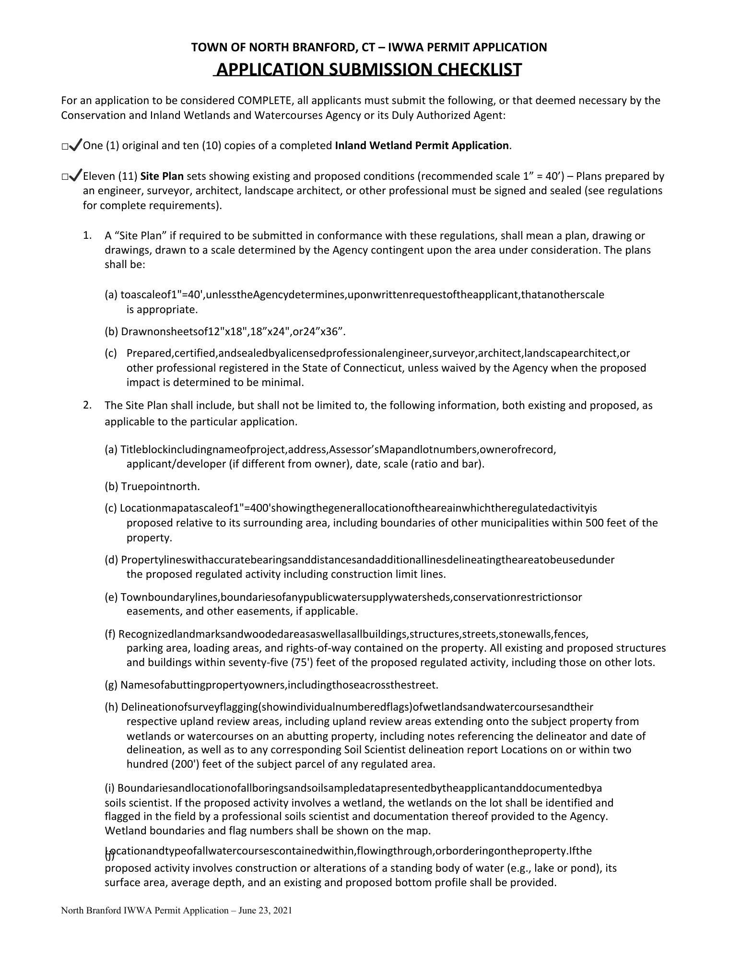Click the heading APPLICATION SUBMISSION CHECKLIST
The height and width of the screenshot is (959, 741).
[x=368, y=70]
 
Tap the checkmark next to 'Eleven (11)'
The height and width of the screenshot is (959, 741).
[x=76, y=176]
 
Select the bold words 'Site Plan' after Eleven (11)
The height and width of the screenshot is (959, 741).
[x=162, y=176]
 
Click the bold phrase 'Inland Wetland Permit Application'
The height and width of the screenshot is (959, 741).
[x=422, y=145]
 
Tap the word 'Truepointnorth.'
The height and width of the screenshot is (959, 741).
[x=160, y=487]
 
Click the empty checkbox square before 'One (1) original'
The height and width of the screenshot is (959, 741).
[x=64, y=147]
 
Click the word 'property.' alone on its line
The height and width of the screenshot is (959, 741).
[x=149, y=538]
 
